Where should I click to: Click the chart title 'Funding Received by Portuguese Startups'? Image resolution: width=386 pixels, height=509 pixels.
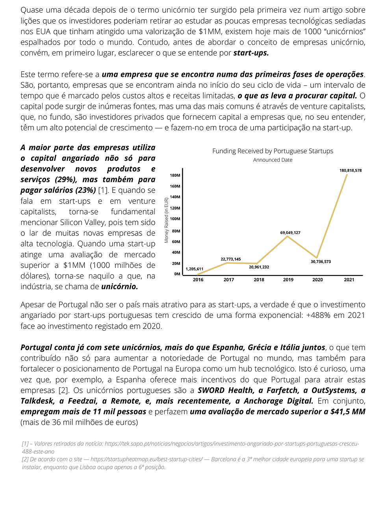(273, 151)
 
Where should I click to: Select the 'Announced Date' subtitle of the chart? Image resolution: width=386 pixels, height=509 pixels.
(273, 160)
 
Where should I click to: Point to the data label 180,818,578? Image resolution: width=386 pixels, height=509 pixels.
(350, 171)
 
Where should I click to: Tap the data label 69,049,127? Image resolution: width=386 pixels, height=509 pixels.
(290, 233)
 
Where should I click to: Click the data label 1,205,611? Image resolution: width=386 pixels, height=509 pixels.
(194, 269)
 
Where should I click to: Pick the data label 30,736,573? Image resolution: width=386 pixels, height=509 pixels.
(321, 262)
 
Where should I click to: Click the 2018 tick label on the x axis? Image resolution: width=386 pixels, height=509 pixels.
(259, 280)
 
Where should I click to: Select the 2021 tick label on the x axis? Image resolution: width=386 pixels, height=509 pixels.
(349, 280)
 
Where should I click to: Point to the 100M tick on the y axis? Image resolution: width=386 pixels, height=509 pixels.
(175, 219)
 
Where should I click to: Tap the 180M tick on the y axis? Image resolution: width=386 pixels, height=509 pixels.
(175, 175)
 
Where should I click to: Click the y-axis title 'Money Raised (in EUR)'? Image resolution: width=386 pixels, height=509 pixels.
(167, 220)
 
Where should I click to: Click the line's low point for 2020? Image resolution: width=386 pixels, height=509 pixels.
(317, 258)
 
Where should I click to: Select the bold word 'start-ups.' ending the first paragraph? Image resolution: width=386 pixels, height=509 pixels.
(251, 53)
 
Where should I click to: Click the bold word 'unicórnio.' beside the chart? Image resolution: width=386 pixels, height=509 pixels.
(120, 286)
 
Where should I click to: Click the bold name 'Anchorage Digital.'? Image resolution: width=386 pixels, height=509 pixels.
(278, 401)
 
